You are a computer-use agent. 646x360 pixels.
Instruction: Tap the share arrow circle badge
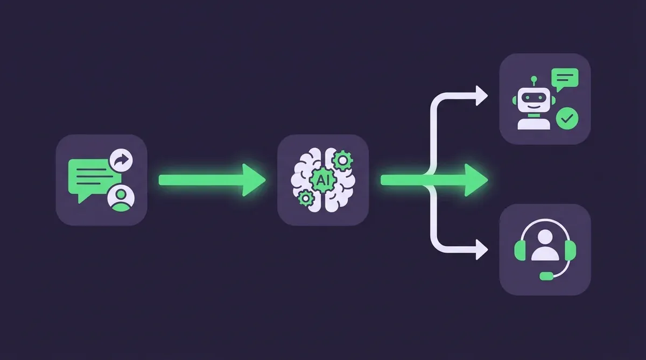click(122, 160)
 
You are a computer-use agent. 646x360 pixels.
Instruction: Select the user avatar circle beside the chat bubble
click(121, 197)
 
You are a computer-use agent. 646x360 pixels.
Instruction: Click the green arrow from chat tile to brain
click(210, 180)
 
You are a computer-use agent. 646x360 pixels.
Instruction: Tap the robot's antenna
click(534, 81)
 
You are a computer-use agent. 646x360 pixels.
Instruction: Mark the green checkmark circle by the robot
click(566, 117)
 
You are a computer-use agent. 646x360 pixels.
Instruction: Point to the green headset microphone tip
click(546, 276)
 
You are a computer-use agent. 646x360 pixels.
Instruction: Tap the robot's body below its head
click(532, 122)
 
